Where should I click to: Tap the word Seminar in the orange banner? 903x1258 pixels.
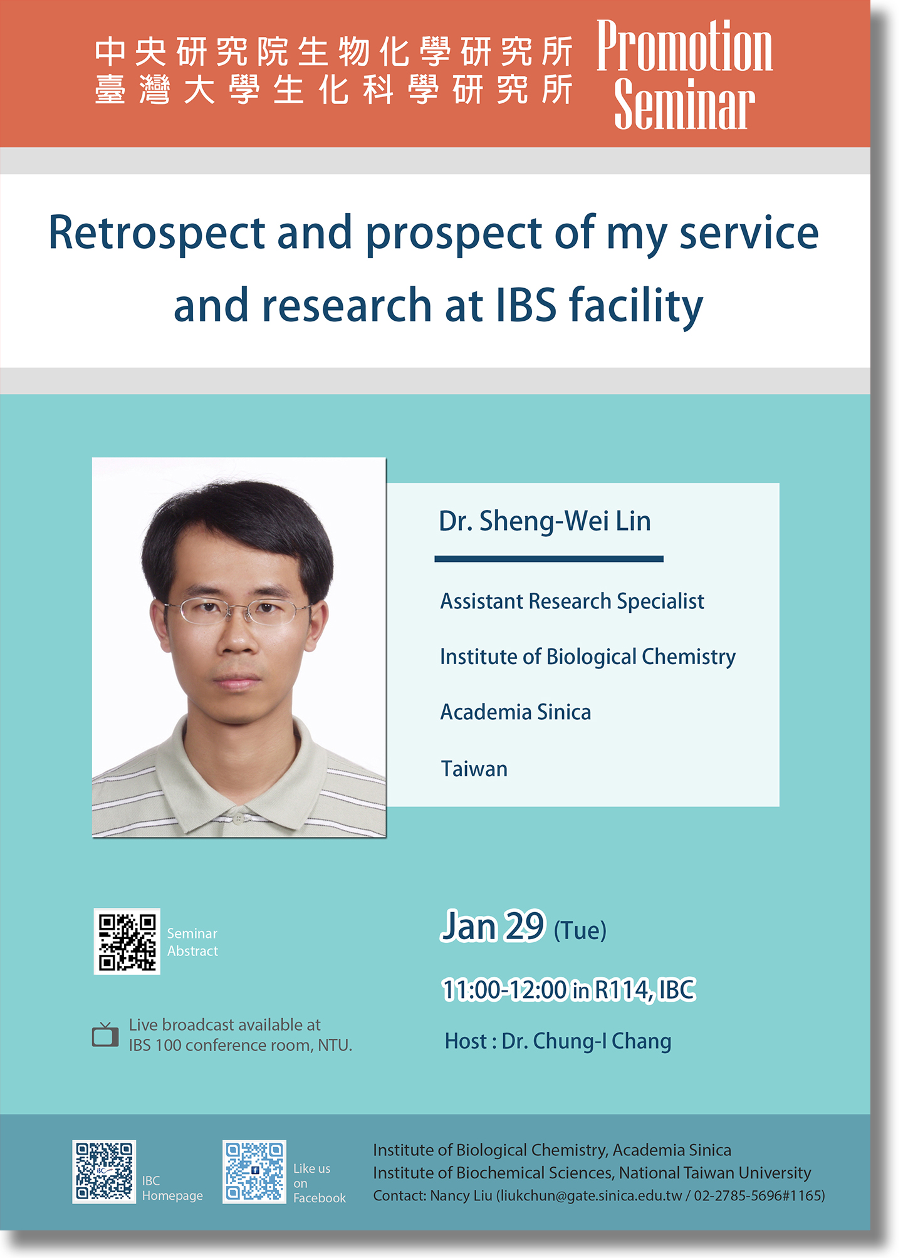click(x=684, y=104)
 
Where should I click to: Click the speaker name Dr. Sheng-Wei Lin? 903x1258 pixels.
click(x=545, y=521)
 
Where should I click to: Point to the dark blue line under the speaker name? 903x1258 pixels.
click(x=549, y=558)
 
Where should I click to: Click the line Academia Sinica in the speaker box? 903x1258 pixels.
click(x=516, y=712)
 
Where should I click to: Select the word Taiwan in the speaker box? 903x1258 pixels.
click(x=474, y=769)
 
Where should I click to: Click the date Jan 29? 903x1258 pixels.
click(x=493, y=927)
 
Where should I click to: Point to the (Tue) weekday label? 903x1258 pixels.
click(x=580, y=931)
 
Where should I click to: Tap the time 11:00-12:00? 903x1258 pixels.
click(x=504, y=990)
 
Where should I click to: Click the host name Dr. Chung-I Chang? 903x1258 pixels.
click(x=587, y=1041)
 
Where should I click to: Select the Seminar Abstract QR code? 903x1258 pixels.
click(x=127, y=942)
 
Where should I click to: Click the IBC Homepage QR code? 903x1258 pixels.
click(x=104, y=1172)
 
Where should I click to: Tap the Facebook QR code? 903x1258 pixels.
click(x=254, y=1172)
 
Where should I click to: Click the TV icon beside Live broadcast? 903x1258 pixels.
click(x=105, y=1035)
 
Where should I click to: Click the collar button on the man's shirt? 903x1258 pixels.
click(x=238, y=818)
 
